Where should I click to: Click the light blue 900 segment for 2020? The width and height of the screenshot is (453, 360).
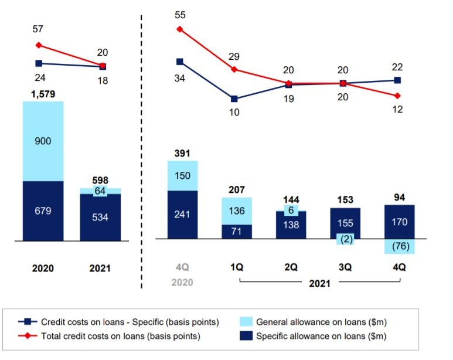pos(43,141)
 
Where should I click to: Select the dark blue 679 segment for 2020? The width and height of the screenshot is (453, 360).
pos(43,211)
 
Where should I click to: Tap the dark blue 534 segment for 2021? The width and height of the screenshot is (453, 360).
pos(100,217)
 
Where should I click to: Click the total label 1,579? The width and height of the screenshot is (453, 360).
pos(43,94)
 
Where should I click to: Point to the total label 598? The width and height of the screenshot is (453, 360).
pos(100,181)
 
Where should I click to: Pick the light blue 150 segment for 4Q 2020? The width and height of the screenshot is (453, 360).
pos(182,175)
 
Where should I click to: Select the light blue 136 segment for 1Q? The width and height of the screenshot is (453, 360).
pos(237,211)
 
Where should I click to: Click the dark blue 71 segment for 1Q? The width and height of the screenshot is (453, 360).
pos(237,232)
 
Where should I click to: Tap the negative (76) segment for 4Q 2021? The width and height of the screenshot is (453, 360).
pos(399,246)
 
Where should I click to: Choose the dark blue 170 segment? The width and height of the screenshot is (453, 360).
pos(399,222)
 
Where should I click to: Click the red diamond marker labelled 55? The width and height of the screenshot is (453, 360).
pos(180,29)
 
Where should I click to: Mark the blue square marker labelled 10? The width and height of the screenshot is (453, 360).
pos(234,99)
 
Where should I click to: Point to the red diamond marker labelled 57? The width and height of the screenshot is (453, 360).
pos(39,45)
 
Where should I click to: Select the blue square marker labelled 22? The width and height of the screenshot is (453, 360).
pos(398,80)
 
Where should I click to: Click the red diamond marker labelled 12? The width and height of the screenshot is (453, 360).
pos(398,96)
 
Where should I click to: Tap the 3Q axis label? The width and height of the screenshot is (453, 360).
pos(345,267)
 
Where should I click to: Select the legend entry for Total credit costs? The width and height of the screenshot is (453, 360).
pos(117,336)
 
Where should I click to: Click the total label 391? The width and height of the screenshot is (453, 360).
pos(182,154)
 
